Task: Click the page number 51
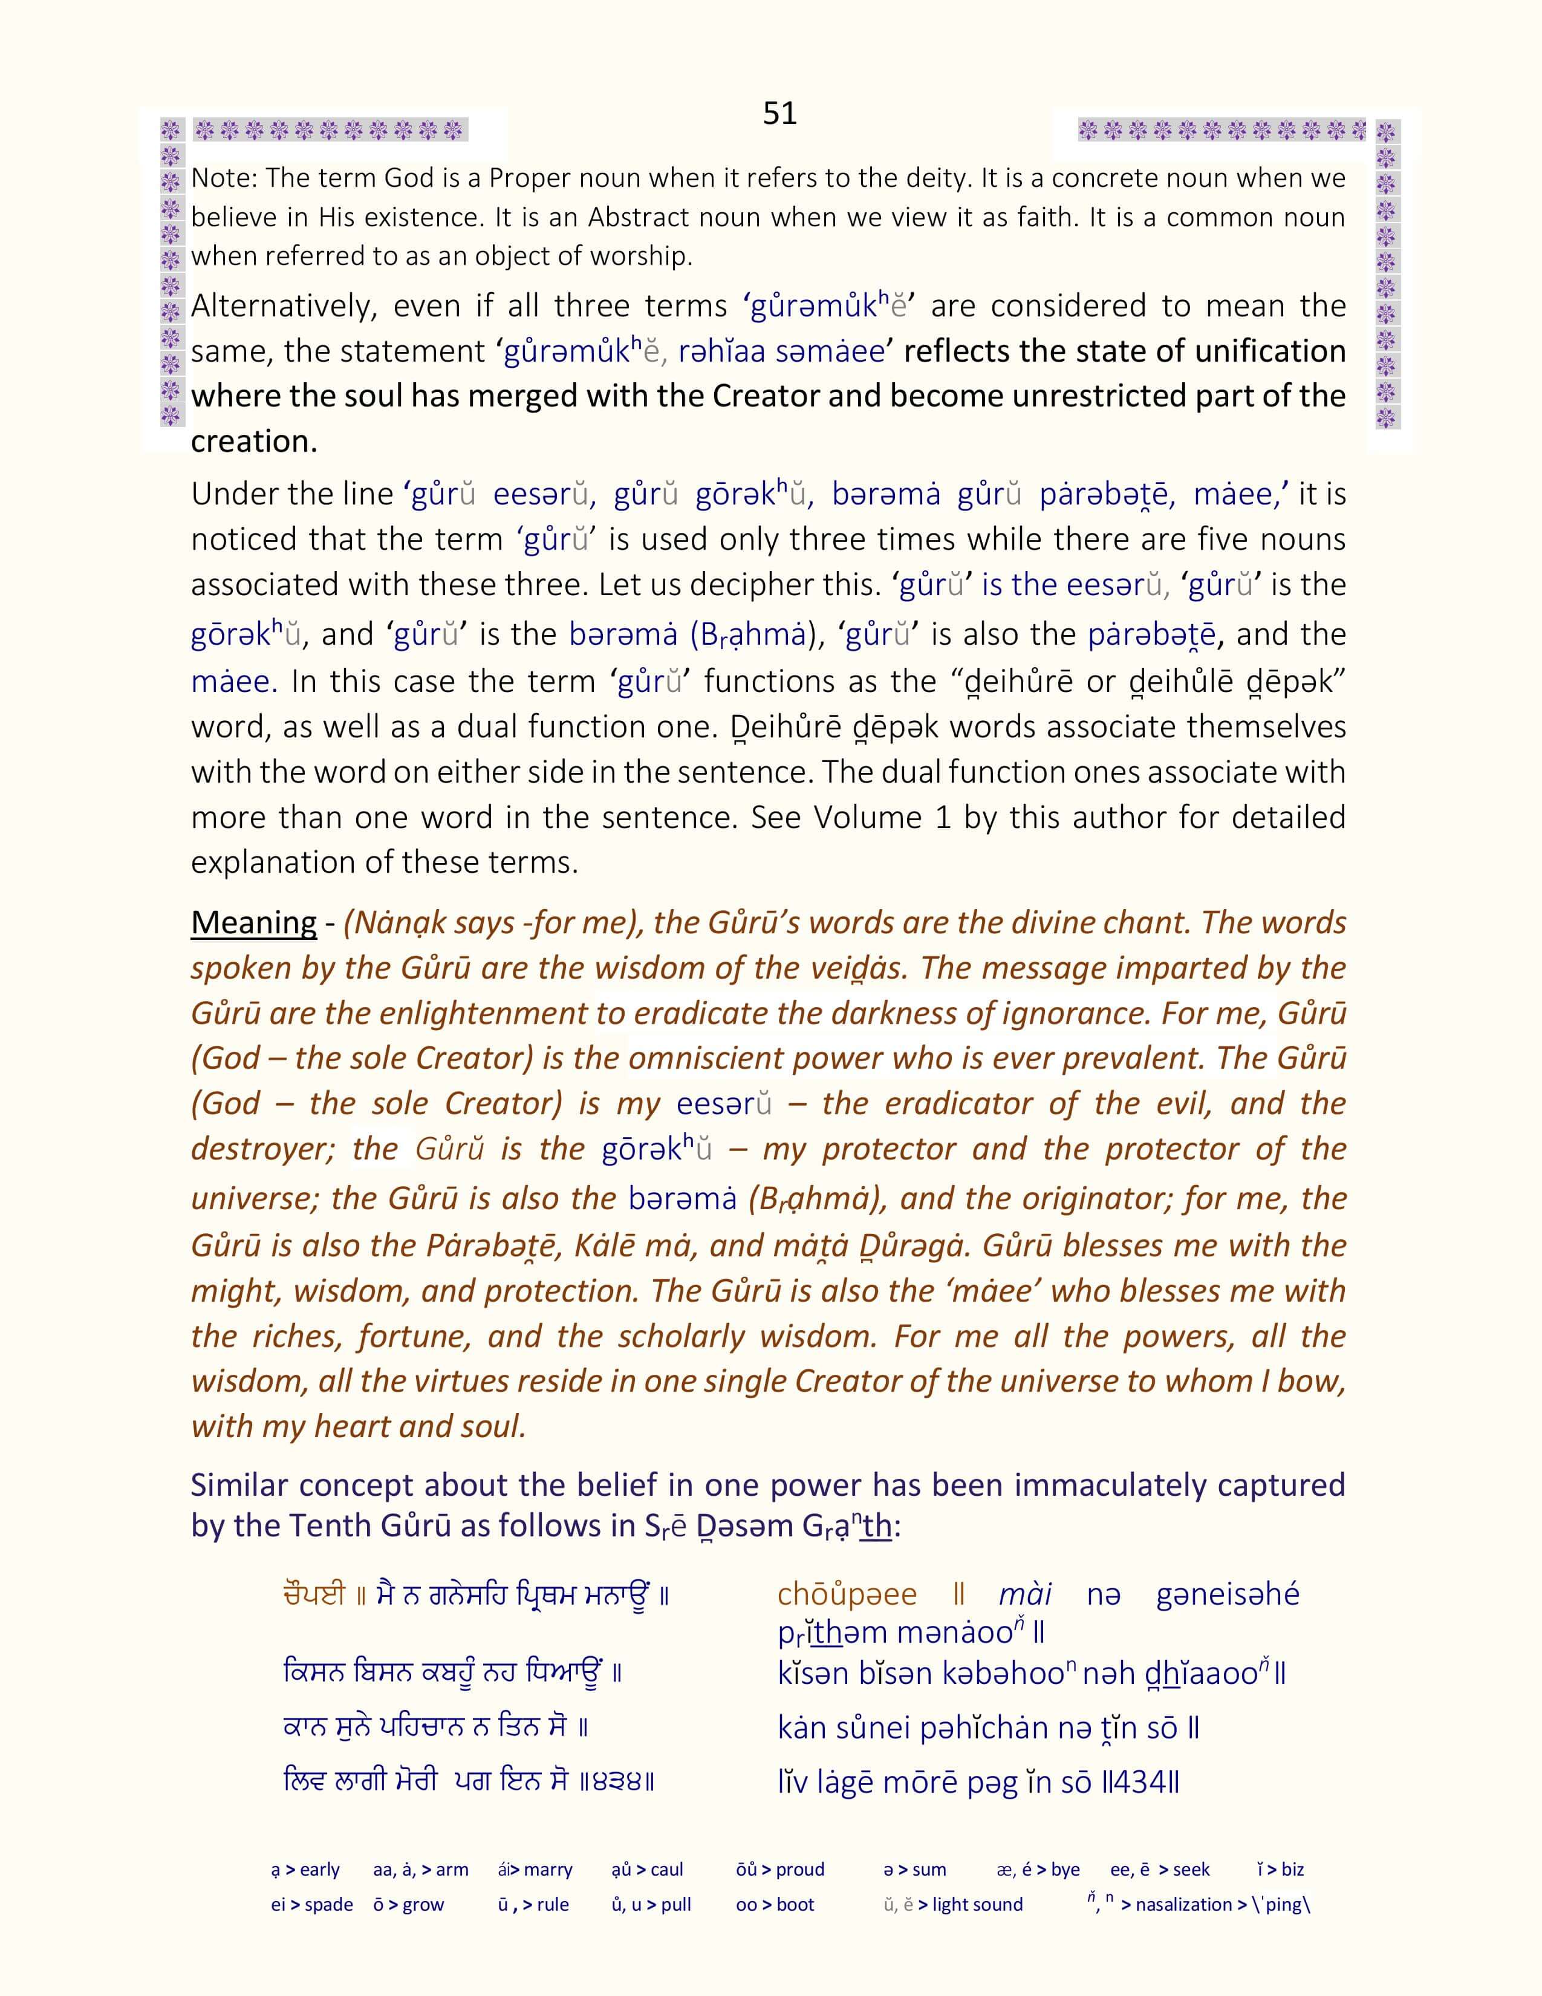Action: [779, 113]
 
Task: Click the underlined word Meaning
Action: [253, 922]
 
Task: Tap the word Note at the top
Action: [220, 178]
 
